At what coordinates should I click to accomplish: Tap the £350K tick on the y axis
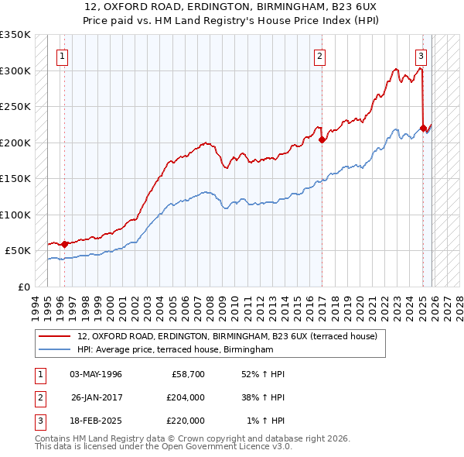tap(15, 35)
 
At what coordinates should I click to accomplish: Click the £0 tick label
tap(23, 287)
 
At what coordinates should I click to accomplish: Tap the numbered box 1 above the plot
tap(61, 56)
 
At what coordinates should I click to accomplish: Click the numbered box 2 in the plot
tap(319, 56)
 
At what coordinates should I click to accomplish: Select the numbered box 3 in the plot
tap(421, 56)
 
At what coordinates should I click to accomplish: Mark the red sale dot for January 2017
tap(322, 140)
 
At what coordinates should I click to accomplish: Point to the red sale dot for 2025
tap(423, 129)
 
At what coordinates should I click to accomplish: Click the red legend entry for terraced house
tap(227, 337)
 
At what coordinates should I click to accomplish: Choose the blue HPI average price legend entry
tap(176, 350)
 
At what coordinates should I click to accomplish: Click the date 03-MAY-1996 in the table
tap(96, 374)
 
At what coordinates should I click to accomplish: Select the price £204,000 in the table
tap(186, 397)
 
